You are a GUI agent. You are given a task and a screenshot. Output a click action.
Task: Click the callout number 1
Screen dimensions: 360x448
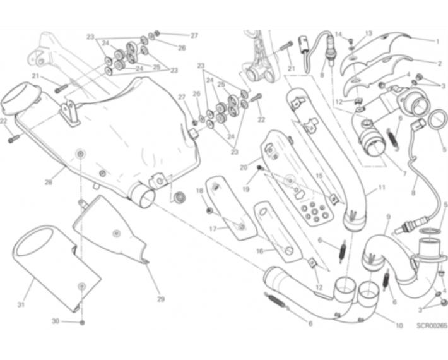point(436,41)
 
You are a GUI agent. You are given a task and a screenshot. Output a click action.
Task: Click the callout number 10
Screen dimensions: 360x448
point(399,327)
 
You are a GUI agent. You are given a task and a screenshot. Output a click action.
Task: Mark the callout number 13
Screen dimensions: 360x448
point(369,33)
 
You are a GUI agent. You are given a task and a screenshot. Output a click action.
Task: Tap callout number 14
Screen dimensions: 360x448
point(338,34)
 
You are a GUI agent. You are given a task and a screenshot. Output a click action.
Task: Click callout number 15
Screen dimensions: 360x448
point(319,176)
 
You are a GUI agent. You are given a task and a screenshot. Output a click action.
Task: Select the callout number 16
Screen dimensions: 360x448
point(259,251)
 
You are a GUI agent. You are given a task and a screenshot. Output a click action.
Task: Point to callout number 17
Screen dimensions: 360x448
point(212,229)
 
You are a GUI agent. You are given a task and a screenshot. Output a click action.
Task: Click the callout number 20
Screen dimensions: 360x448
point(244,167)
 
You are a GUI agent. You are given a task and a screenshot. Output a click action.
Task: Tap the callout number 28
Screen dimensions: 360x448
point(48,183)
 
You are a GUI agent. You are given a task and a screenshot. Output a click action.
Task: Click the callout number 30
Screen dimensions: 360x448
point(55,321)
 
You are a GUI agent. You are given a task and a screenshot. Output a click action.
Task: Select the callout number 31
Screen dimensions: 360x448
point(21,305)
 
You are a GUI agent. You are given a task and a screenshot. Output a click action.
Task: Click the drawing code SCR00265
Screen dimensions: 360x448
point(432,327)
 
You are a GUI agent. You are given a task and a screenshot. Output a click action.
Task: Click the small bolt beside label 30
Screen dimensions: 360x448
point(82,322)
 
